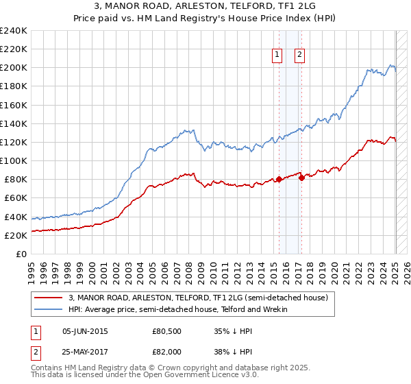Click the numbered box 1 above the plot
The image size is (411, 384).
point(277,56)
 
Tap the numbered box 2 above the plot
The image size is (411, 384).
point(300,56)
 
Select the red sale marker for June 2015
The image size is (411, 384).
point(279,180)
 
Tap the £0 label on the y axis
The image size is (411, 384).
point(22,254)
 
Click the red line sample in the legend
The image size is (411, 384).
point(48,298)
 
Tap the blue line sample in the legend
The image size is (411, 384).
point(48,309)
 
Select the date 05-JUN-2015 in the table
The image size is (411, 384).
point(85,331)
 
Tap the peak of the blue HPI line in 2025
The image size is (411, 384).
point(392,64)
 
